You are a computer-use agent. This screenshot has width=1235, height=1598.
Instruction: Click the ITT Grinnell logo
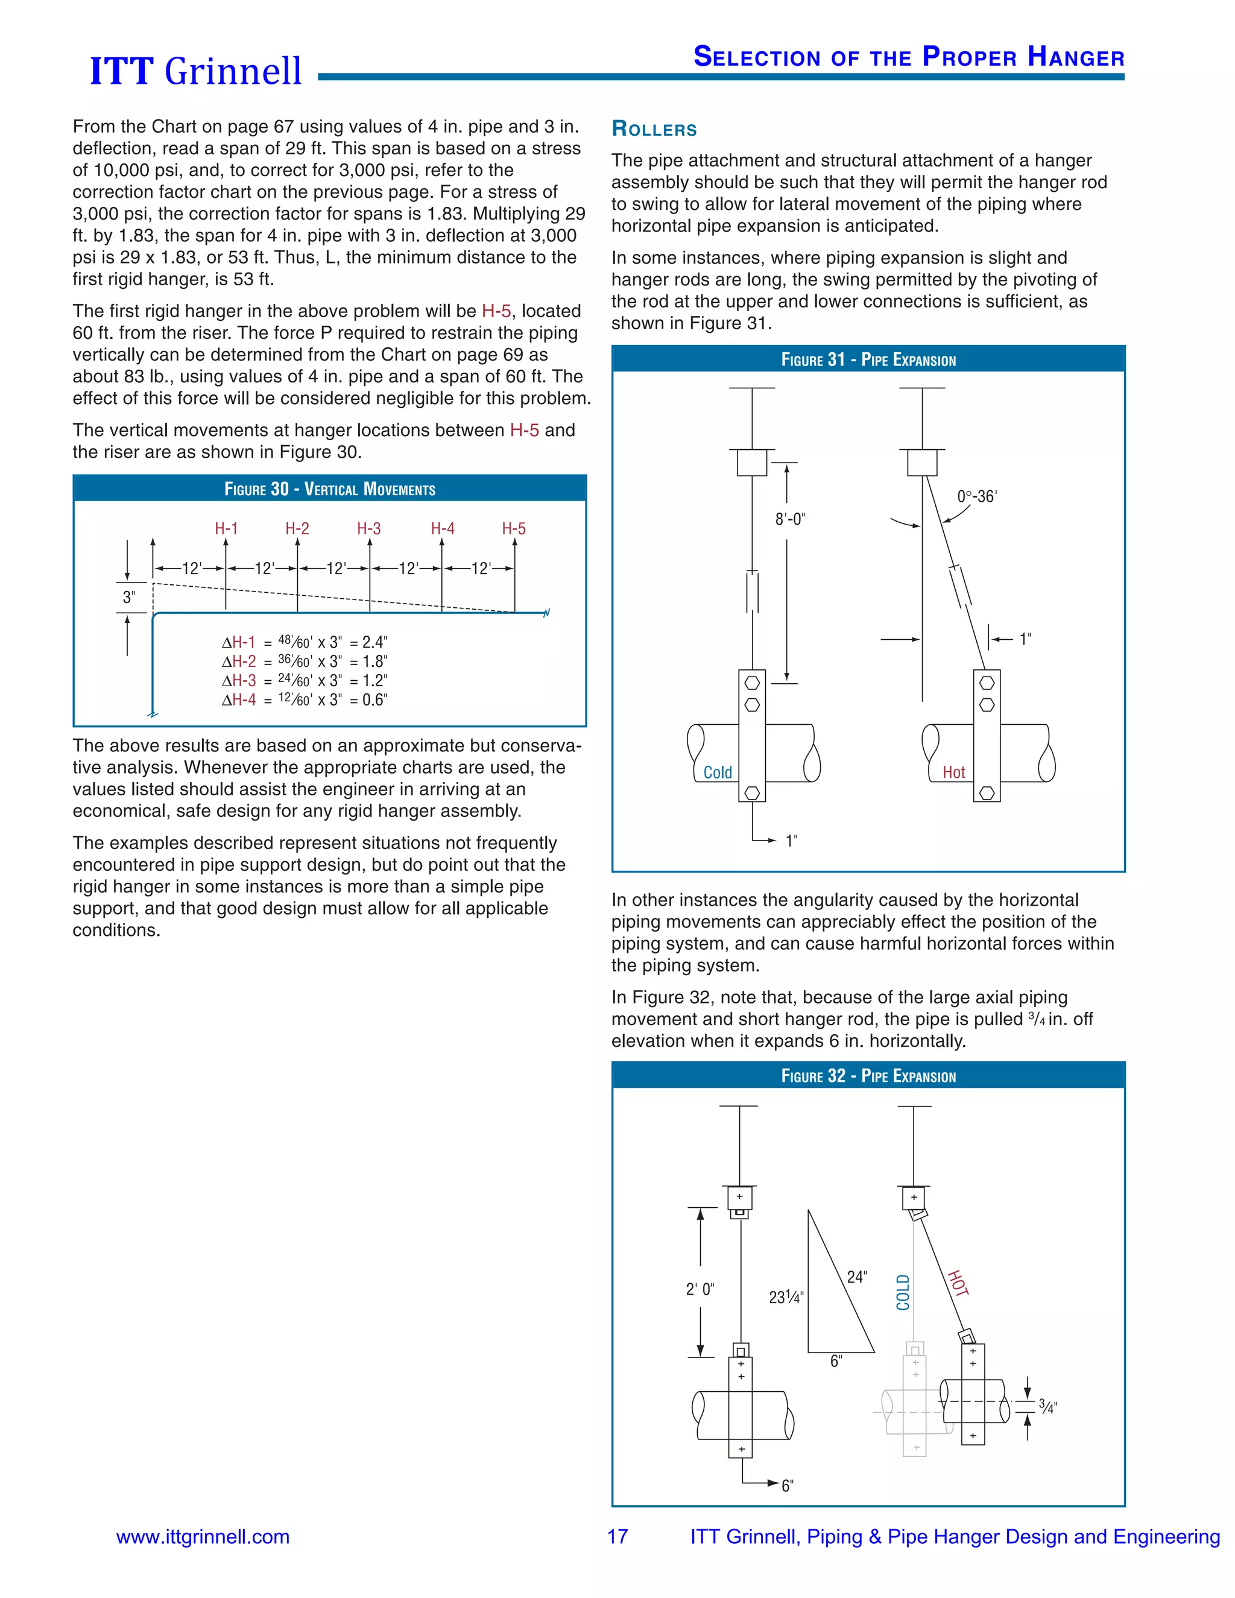click(x=195, y=71)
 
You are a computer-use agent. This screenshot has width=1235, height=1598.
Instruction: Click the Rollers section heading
click(x=654, y=130)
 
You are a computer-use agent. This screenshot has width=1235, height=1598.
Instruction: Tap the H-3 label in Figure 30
click(x=368, y=528)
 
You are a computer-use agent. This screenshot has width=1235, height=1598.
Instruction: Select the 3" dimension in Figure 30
click(x=129, y=597)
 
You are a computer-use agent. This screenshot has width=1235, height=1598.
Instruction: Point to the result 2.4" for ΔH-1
click(x=374, y=642)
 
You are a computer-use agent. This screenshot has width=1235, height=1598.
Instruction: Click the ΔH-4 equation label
click(x=239, y=700)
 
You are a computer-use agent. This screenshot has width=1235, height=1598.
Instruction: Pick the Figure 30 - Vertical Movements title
click(x=329, y=489)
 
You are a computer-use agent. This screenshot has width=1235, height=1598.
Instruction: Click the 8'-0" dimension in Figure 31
click(x=789, y=519)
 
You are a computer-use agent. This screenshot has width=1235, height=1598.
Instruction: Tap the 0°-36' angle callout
click(x=977, y=496)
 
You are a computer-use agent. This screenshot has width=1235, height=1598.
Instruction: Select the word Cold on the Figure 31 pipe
click(x=717, y=772)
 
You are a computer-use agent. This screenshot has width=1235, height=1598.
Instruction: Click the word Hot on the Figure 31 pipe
click(x=953, y=772)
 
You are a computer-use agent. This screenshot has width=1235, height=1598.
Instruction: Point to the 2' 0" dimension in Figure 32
click(x=700, y=1289)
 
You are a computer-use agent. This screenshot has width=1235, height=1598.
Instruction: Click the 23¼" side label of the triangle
click(x=786, y=1297)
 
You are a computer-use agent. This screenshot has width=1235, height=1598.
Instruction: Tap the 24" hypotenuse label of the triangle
click(x=857, y=1277)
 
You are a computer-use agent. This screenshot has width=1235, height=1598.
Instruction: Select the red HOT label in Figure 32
click(x=958, y=1283)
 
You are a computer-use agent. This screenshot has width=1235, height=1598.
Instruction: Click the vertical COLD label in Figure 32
click(x=903, y=1292)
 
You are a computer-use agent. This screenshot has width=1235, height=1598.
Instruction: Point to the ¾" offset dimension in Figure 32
click(x=1047, y=1406)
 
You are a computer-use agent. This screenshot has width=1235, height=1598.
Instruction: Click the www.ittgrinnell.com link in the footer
click(x=203, y=1536)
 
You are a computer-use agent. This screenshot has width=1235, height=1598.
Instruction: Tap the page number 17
click(x=617, y=1536)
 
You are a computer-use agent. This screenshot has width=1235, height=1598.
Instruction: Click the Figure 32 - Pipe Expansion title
click(x=868, y=1076)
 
